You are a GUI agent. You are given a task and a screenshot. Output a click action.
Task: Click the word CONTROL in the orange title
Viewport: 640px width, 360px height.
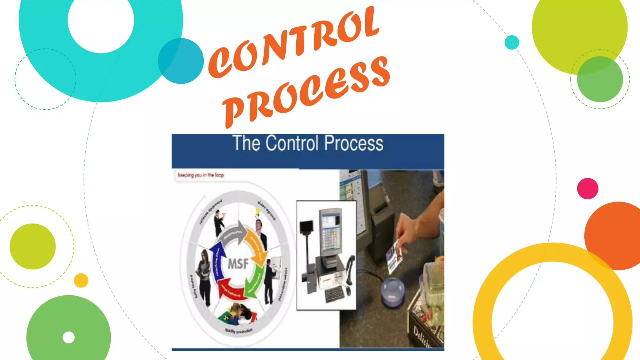[294, 42]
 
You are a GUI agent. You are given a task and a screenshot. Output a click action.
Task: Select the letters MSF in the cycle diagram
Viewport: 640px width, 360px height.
[238, 264]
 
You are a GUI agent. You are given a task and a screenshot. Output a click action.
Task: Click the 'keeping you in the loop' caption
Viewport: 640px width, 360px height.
[201, 175]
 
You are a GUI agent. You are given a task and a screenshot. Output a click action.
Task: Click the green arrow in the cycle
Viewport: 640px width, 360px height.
[255, 280]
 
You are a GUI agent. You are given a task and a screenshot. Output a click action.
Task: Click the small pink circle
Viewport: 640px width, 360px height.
[587, 188]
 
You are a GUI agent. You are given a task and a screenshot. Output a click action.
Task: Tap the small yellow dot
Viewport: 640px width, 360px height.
[81, 280]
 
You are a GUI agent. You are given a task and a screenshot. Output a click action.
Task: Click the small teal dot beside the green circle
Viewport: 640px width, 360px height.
[512, 42]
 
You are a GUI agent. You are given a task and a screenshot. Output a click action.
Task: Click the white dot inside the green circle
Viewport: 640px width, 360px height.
[69, 337]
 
